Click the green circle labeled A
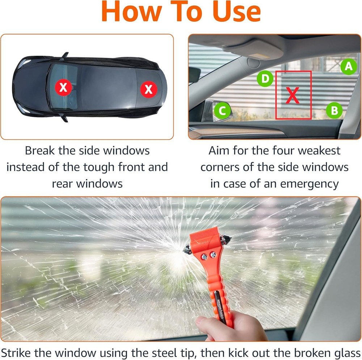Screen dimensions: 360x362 (348, 67)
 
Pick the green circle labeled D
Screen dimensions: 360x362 (266, 79)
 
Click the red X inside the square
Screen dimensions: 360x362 (293, 96)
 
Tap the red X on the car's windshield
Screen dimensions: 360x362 (63, 87)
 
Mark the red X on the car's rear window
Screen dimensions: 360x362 (148, 88)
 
